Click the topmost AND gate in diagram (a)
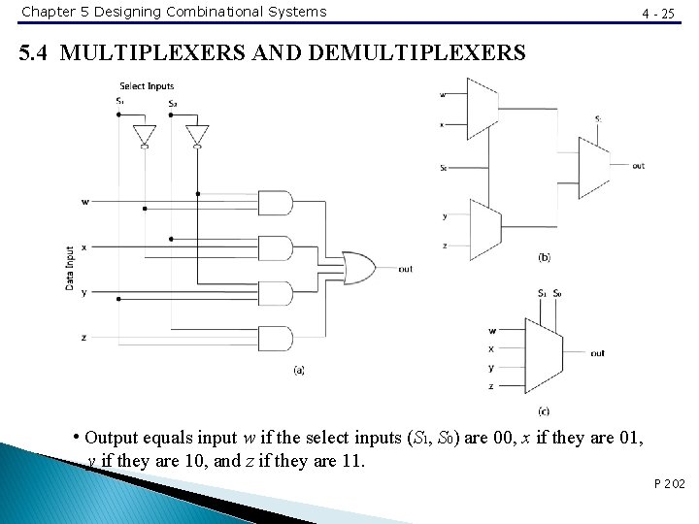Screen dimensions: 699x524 (x=278, y=203)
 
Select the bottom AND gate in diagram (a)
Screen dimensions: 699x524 (x=278, y=338)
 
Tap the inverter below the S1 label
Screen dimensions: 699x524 (x=145, y=134)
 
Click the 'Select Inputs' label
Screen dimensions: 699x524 (x=147, y=86)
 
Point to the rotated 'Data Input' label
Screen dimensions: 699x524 (x=69, y=269)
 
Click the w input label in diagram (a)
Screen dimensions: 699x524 (x=85, y=202)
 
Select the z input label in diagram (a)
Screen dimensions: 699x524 (x=84, y=337)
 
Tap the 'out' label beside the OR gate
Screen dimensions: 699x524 (x=405, y=269)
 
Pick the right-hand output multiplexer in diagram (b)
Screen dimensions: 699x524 (x=593, y=167)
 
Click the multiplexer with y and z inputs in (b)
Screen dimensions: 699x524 (x=483, y=225)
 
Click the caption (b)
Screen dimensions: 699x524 (x=544, y=257)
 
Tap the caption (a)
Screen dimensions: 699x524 (x=298, y=370)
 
